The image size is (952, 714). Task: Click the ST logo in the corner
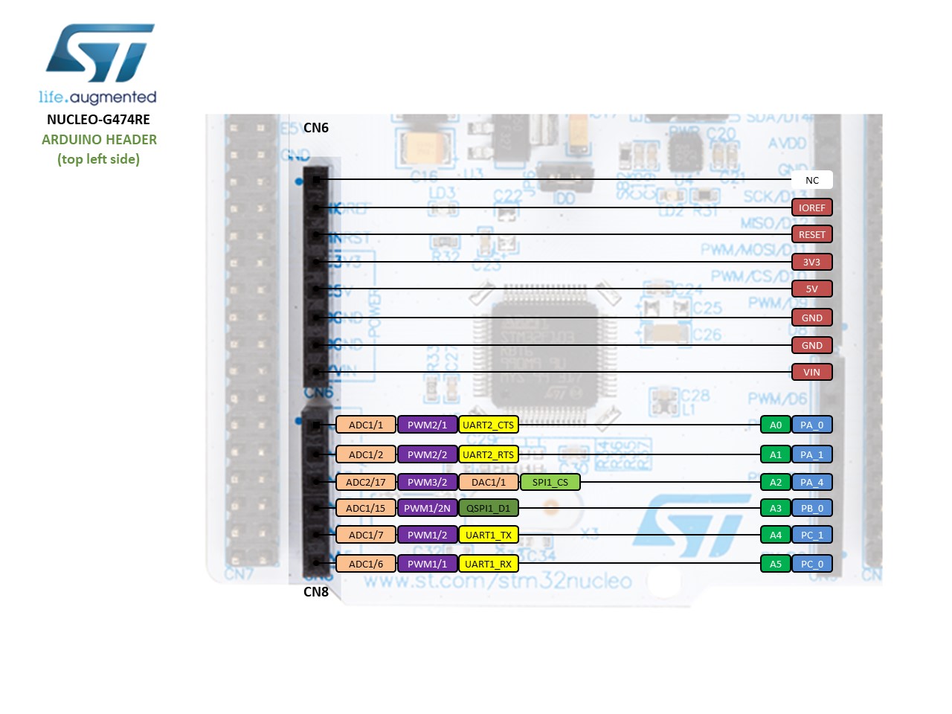[100, 54]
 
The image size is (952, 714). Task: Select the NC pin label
[811, 180]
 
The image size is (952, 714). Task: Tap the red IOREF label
[811, 208]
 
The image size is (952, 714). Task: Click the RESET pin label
[811, 234]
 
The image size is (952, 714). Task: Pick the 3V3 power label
[811, 262]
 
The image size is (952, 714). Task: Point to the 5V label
[811, 289]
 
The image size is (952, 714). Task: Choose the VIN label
[811, 372]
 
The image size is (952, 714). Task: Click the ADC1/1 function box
[366, 425]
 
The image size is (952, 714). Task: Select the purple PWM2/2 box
[427, 454]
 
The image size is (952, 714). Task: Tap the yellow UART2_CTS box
[488, 425]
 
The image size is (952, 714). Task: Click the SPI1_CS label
[550, 482]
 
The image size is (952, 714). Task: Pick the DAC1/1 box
[488, 482]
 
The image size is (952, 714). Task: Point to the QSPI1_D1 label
[488, 508]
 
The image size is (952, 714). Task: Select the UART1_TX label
[488, 535]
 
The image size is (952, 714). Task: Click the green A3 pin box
[775, 508]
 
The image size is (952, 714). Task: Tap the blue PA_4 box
[811, 482]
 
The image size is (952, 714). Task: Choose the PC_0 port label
[811, 564]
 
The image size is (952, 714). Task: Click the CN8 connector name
[316, 592]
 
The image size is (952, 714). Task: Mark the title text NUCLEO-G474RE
[98, 119]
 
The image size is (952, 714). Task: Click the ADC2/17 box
[366, 482]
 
